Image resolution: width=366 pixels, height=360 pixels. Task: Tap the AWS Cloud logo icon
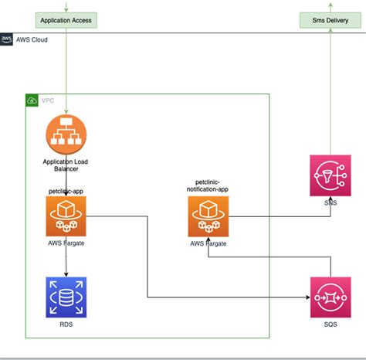(x=7, y=39)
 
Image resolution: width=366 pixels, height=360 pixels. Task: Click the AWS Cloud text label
(x=32, y=39)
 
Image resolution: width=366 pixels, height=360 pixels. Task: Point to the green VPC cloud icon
(x=32, y=100)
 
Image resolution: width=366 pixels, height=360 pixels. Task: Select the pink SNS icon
(x=330, y=175)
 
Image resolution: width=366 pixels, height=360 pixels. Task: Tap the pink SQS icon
(x=330, y=297)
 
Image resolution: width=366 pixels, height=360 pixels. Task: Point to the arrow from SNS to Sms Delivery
(x=330, y=93)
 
